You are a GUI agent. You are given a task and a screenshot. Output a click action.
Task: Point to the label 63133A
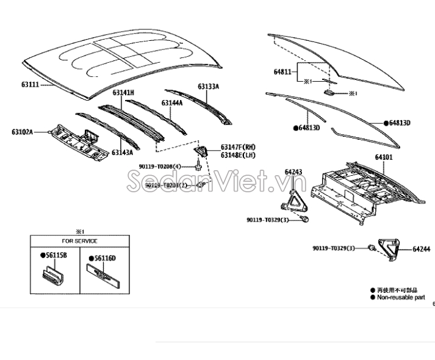click(x=208, y=87)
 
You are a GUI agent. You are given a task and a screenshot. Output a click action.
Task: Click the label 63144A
click(x=172, y=103)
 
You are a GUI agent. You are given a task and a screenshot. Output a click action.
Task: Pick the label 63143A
click(x=122, y=153)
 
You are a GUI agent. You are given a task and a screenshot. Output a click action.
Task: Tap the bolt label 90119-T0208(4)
click(x=160, y=166)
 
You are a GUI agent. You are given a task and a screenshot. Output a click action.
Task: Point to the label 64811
click(x=283, y=71)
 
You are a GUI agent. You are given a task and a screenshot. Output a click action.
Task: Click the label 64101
click(x=384, y=157)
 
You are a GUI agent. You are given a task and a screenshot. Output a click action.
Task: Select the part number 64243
click(x=293, y=172)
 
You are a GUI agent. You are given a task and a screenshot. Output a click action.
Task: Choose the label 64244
click(x=422, y=249)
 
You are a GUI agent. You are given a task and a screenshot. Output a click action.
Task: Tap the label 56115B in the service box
click(x=54, y=255)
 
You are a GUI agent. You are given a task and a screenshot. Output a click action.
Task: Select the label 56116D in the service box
click(x=104, y=258)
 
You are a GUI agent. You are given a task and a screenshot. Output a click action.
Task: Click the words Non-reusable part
click(x=401, y=297)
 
